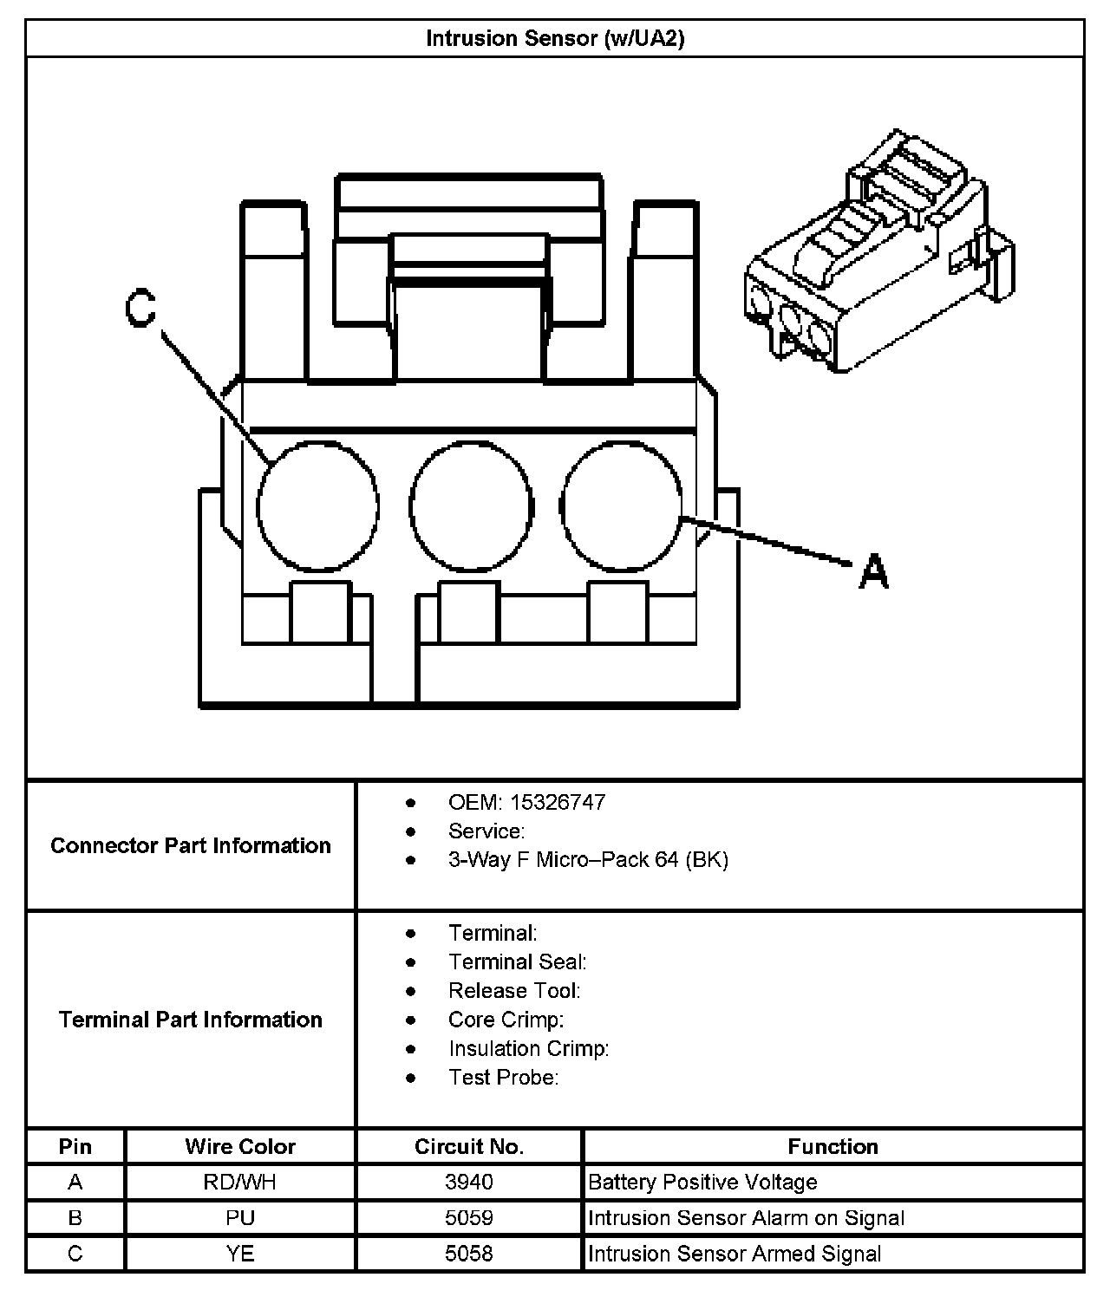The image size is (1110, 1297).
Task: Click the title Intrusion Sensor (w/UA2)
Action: pyautogui.click(x=555, y=39)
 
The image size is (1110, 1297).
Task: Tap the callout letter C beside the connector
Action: pyautogui.click(x=140, y=310)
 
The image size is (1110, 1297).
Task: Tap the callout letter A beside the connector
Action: pyautogui.click(x=874, y=572)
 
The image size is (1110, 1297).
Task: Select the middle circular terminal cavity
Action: pyautogui.click(x=470, y=506)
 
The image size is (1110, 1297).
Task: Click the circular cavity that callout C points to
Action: pyautogui.click(x=317, y=506)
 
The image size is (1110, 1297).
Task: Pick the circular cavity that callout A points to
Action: pyautogui.click(x=622, y=506)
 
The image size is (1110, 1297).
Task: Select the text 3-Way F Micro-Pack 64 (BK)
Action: pyautogui.click(x=588, y=859)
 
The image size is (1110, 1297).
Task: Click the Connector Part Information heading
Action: pyautogui.click(x=191, y=845)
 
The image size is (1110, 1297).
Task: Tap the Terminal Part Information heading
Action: pyautogui.click(x=191, y=1020)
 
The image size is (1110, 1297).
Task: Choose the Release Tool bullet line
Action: pyautogui.click(x=514, y=990)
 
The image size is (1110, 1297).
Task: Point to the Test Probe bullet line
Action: pyautogui.click(x=503, y=1077)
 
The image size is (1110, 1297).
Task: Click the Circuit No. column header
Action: pyautogui.click(x=469, y=1146)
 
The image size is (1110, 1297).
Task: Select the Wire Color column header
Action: pyautogui.click(x=240, y=1146)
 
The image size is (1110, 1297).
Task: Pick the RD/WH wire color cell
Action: pyautogui.click(x=240, y=1182)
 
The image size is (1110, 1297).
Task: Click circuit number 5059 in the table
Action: pyautogui.click(x=469, y=1217)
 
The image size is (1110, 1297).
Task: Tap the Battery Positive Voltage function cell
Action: pyautogui.click(x=702, y=1182)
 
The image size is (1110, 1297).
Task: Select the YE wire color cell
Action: pyautogui.click(x=240, y=1254)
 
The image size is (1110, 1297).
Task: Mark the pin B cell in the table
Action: pyautogui.click(x=75, y=1217)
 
